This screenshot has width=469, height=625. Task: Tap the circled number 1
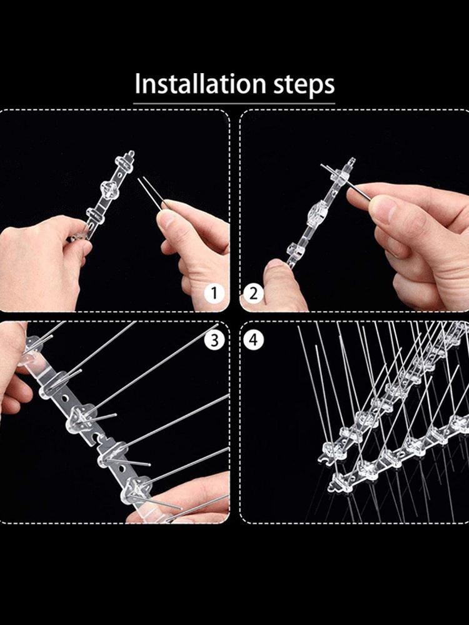[x=214, y=292]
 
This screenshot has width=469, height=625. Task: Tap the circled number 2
[x=253, y=292]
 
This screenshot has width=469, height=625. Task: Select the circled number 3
[x=214, y=340]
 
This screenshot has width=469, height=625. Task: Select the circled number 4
[x=253, y=340]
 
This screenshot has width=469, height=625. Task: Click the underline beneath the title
[x=234, y=102]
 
